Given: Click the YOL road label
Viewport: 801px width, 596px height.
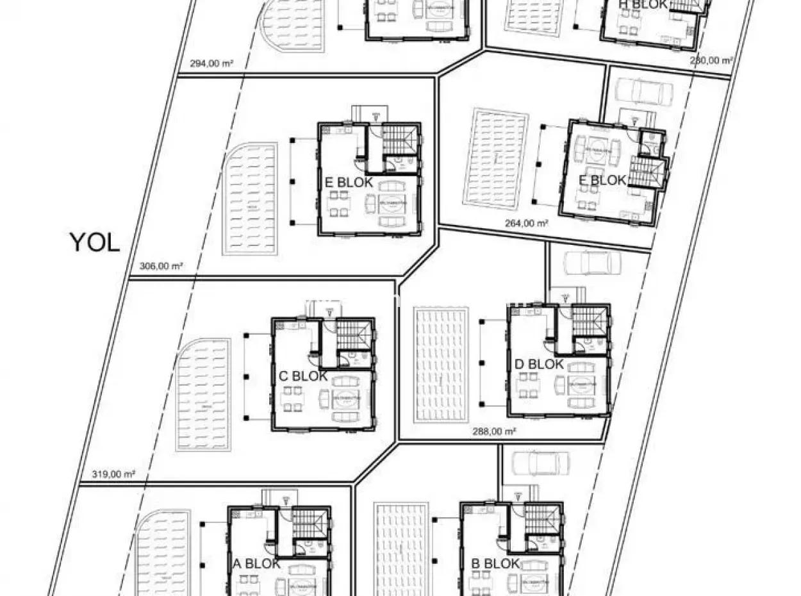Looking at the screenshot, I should click(94, 243).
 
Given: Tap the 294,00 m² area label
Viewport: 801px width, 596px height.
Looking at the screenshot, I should click(211, 63).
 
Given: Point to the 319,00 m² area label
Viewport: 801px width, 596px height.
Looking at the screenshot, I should click(110, 475).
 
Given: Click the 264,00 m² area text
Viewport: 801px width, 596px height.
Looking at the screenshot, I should click(526, 224).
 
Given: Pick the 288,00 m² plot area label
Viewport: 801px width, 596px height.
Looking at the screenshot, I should click(494, 432).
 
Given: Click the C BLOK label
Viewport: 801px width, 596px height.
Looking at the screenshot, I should click(303, 376).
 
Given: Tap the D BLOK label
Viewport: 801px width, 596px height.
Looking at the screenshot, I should click(539, 365).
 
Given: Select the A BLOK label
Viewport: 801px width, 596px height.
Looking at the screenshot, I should click(256, 564).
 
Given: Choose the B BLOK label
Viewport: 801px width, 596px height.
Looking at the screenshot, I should click(495, 564).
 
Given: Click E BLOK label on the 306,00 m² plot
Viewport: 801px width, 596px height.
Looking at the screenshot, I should click(349, 183).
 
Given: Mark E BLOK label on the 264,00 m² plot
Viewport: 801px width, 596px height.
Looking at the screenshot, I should click(602, 181).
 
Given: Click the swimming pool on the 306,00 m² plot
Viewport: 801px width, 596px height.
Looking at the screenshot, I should click(250, 199).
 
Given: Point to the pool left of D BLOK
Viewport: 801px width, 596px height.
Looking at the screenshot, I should click(441, 364).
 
